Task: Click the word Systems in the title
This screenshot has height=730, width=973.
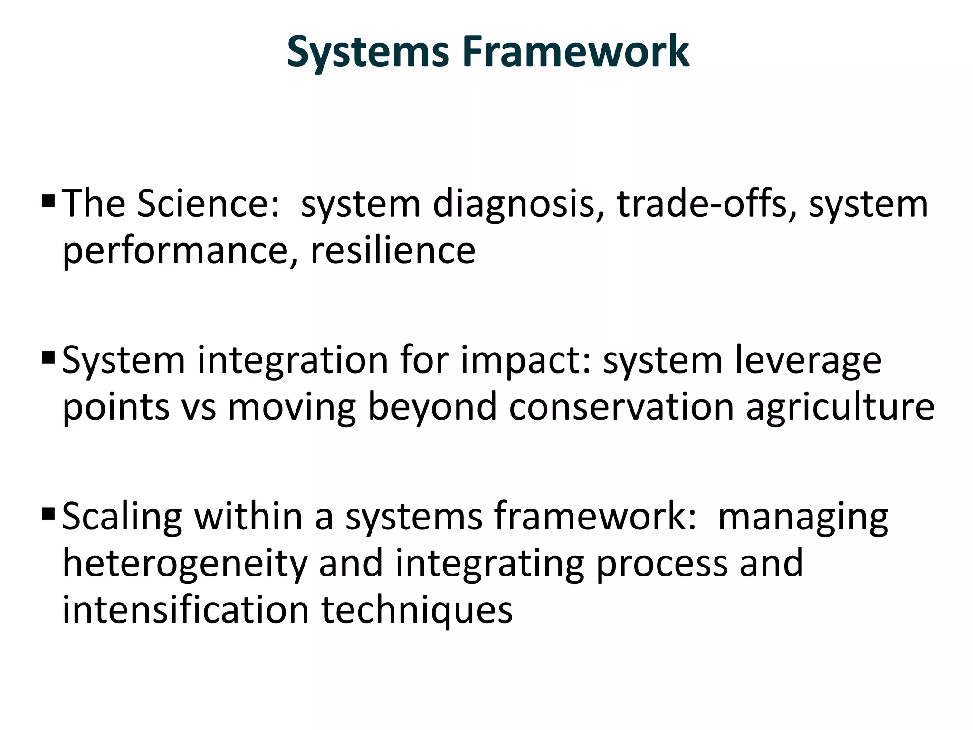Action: point(368,52)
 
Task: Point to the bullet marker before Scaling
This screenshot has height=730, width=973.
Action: point(48,514)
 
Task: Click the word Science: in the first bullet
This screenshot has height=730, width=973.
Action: point(209,203)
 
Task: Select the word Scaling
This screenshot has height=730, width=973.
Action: point(122,517)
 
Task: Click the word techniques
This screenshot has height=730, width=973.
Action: point(417,611)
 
